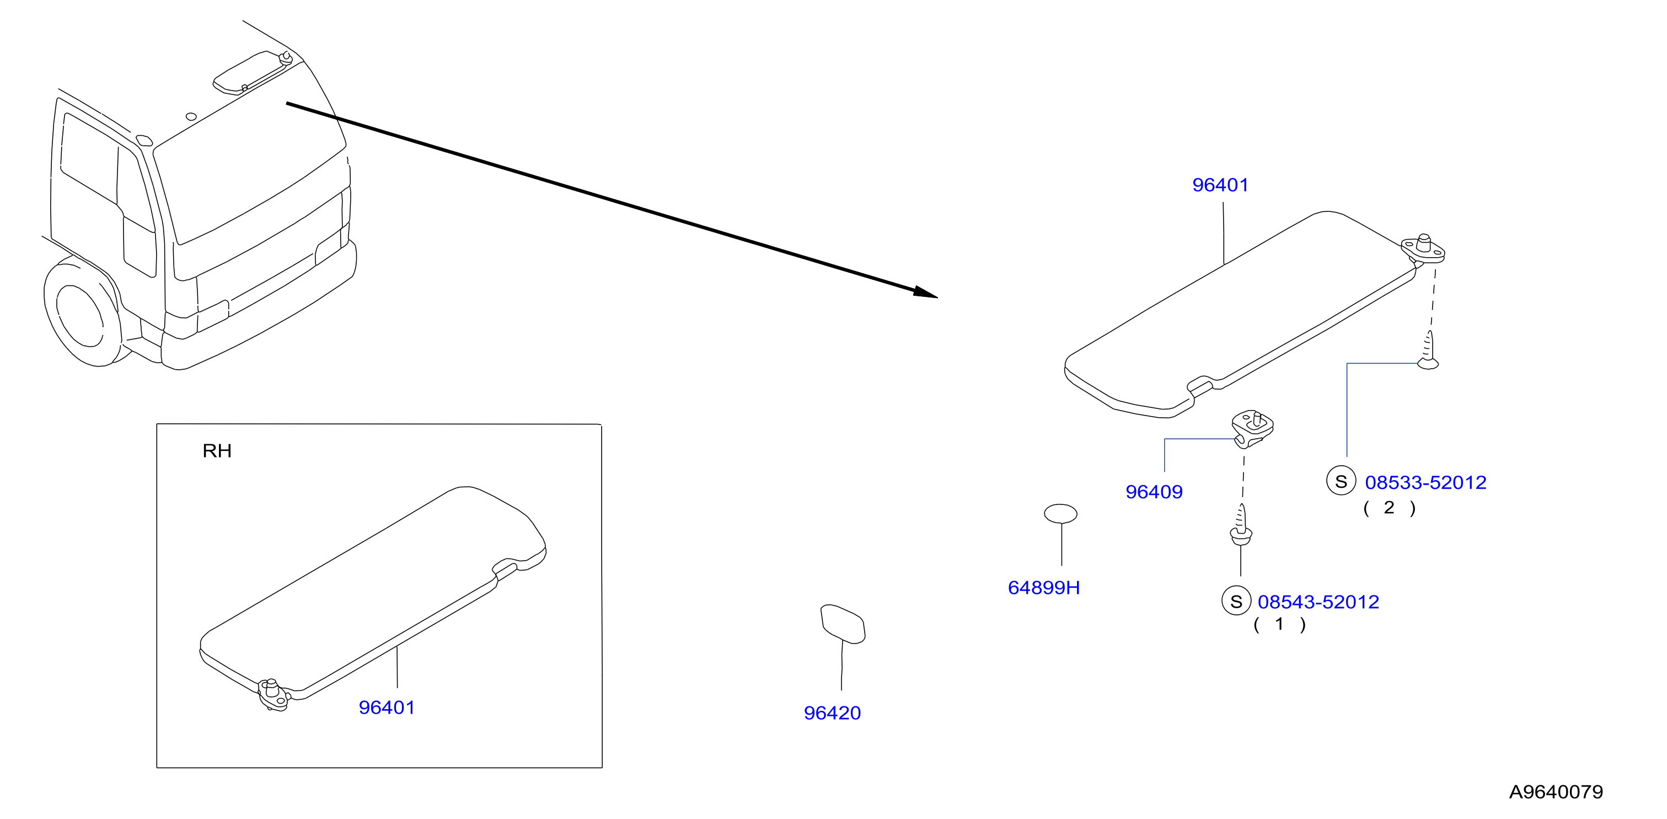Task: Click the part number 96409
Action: [x=1154, y=492]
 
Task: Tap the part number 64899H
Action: [x=1044, y=588]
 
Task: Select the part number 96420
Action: [x=832, y=713]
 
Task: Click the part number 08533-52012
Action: [x=1425, y=482]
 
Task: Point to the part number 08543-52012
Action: [x=1318, y=602]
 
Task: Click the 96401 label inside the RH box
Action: [x=387, y=708]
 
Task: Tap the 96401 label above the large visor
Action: [x=1220, y=185]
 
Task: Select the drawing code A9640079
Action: [x=1556, y=792]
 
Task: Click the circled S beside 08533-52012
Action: [x=1341, y=481]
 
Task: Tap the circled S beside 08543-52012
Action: [x=1236, y=601]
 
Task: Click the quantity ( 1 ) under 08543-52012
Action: [x=1279, y=625]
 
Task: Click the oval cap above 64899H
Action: [x=1060, y=514]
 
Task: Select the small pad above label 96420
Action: [x=843, y=624]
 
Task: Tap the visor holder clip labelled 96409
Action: [x=1252, y=429]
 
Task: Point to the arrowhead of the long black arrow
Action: [x=926, y=292]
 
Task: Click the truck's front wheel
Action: [x=82, y=312]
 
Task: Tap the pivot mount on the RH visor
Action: [x=273, y=694]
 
